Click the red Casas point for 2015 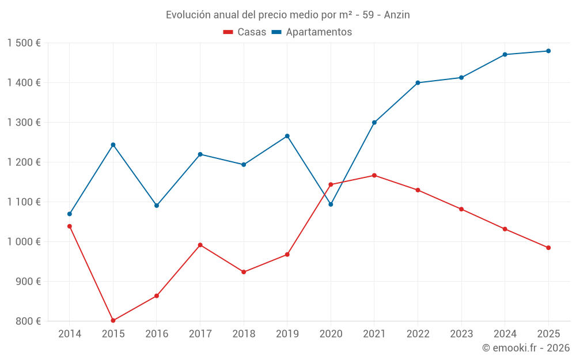(113, 320)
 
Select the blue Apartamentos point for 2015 (113, 145)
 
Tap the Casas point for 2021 (374, 175)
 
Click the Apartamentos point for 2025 (548, 51)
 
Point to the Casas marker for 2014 (70, 226)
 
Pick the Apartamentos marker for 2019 (287, 136)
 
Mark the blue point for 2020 (331, 204)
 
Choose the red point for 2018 (244, 272)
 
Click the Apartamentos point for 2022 (418, 82)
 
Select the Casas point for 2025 (548, 248)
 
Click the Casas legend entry (245, 32)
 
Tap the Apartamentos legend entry (312, 32)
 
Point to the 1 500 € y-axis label (24, 43)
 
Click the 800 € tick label (28, 321)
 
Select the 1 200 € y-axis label (24, 162)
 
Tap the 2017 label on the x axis (200, 334)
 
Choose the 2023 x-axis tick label (461, 334)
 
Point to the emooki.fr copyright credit (525, 348)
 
